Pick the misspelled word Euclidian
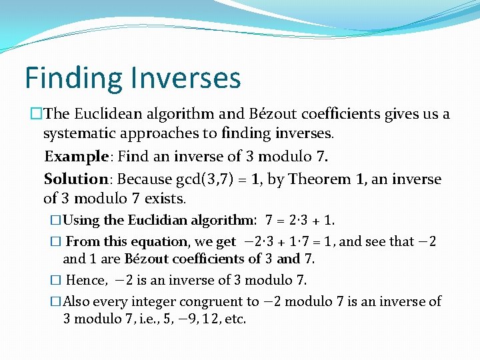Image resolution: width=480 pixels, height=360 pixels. [157, 220]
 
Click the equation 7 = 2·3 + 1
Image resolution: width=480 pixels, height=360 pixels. [300, 220]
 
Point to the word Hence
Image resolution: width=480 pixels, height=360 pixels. [86, 280]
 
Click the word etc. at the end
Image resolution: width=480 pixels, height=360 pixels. [234, 319]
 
